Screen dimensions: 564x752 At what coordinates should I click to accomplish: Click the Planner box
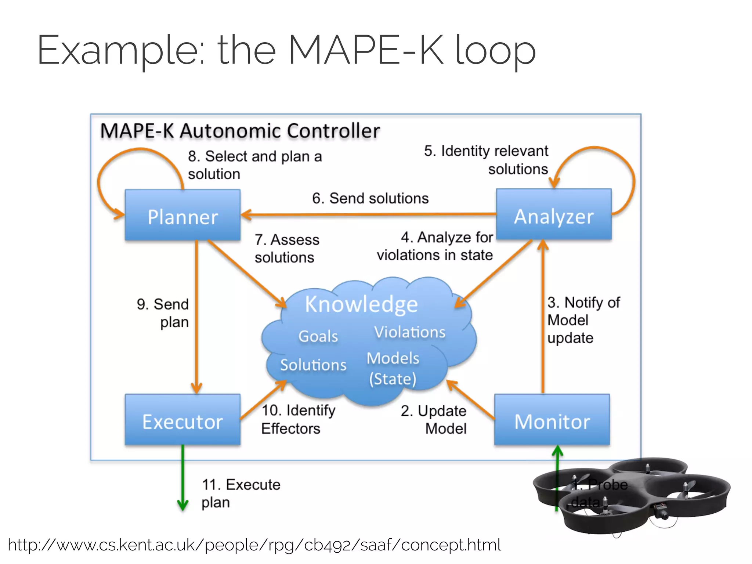[x=182, y=216]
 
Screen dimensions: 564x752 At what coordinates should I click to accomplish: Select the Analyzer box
[x=553, y=215]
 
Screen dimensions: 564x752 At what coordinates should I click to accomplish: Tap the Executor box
[x=182, y=420]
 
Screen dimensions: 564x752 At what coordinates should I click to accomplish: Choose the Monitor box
[x=552, y=420]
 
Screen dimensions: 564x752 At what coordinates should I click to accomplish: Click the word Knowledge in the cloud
[x=361, y=304]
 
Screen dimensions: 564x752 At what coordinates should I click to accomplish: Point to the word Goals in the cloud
[x=318, y=336]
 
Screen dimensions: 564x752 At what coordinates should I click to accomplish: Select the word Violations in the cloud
[x=409, y=332]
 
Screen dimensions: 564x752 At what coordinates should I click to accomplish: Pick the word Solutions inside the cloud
[x=313, y=365]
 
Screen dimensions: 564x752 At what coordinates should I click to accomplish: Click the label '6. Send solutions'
[x=370, y=198]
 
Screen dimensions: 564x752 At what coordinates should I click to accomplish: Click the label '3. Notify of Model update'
[x=583, y=320]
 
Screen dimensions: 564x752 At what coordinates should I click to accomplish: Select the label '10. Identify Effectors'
[x=298, y=419]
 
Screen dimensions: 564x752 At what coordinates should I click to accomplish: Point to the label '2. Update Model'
[x=434, y=419]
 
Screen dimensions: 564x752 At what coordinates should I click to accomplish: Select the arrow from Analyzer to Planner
[x=367, y=214]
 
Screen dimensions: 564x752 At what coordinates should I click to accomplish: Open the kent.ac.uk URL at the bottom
[x=254, y=545]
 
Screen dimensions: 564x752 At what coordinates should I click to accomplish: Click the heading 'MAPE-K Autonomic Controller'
[x=240, y=131]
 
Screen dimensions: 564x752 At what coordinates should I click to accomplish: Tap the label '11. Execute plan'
[x=241, y=493]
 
